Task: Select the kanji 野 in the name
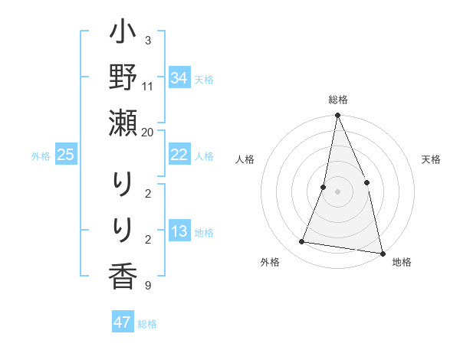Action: (x=123, y=80)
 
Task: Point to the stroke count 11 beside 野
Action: (x=147, y=86)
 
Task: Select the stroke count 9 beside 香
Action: (x=147, y=286)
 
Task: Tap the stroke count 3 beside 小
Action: (x=147, y=40)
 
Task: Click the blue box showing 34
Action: (x=179, y=78)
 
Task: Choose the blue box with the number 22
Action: (x=179, y=155)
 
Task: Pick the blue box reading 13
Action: (x=179, y=231)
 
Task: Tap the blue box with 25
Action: (x=66, y=155)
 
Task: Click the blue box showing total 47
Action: (x=123, y=322)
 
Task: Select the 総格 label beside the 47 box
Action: (x=147, y=324)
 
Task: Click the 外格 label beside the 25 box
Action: (x=41, y=156)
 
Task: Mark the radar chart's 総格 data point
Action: (x=337, y=116)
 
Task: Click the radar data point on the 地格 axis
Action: (x=382, y=253)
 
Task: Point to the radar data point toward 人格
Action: (x=324, y=187)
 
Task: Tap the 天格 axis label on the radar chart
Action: (x=432, y=159)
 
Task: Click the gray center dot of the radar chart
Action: (x=337, y=191)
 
